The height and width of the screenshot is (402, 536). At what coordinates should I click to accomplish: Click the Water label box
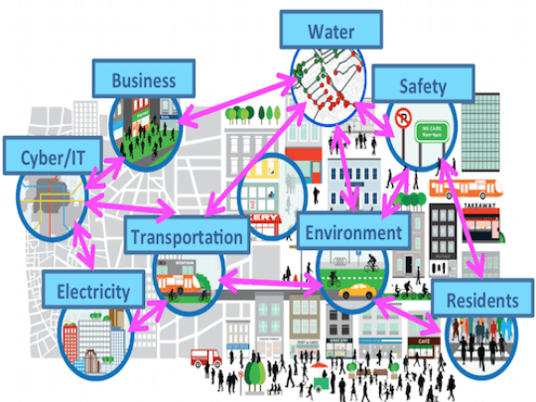331,30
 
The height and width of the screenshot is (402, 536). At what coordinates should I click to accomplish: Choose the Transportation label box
186,236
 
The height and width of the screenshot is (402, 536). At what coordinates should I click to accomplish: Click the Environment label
352,232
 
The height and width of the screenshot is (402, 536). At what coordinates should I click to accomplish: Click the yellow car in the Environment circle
355,293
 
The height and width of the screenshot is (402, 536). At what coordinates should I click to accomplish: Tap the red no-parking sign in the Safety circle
404,122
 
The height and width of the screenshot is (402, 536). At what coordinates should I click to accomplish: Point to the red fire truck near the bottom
203,357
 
